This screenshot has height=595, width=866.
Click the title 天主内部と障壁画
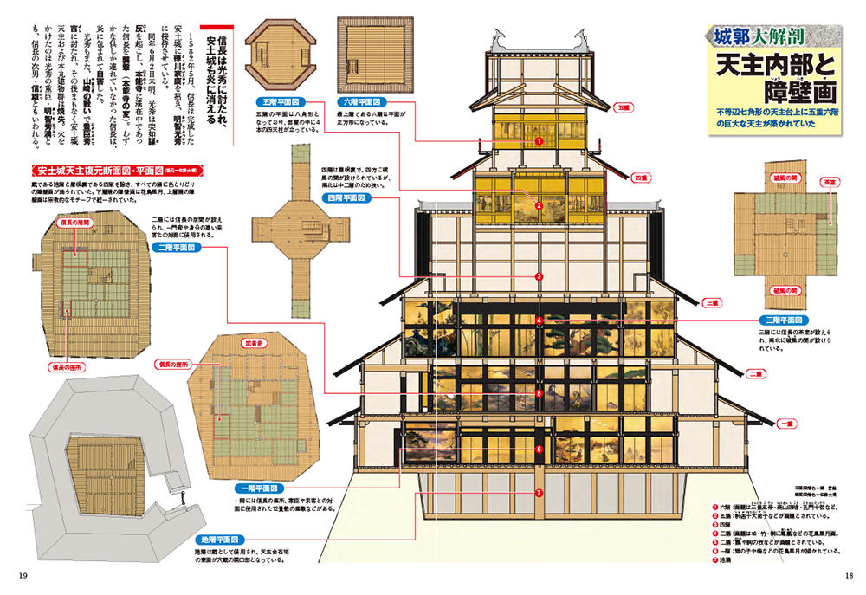[772, 77]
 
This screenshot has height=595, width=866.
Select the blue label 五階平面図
[283, 101]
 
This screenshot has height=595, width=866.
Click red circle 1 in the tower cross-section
[538, 139]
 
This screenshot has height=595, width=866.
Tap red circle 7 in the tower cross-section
[539, 493]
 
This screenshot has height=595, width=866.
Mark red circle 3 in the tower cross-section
[539, 277]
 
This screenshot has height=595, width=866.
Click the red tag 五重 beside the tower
[622, 108]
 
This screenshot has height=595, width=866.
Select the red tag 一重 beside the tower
[786, 424]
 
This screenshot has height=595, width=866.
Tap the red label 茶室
[830, 184]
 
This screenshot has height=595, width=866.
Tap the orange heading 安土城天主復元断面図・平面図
[96, 170]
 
